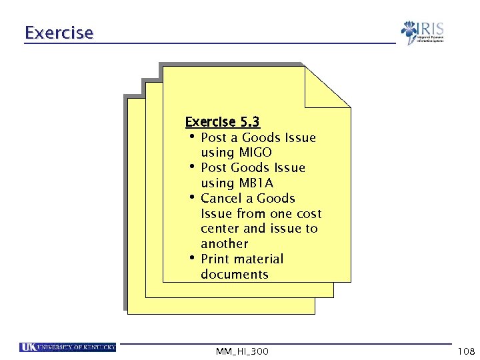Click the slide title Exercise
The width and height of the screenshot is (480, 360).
click(x=59, y=32)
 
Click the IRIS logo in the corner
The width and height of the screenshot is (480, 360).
click(x=422, y=32)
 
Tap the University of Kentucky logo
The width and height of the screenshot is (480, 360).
click(x=68, y=347)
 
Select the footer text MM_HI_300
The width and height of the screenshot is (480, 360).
click(x=243, y=351)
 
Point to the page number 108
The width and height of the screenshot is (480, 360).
click(x=465, y=351)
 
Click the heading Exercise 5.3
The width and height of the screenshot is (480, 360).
click(x=223, y=122)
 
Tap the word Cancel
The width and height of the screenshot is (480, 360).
click(x=220, y=198)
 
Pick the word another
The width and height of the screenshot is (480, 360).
click(x=224, y=244)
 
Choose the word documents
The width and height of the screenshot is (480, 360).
click(x=234, y=274)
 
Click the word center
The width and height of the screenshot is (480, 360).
click(x=221, y=229)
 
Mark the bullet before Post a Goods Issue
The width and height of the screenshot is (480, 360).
click(x=191, y=137)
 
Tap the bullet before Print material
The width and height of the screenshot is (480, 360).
click(x=191, y=258)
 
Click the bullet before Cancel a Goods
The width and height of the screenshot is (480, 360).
click(x=191, y=197)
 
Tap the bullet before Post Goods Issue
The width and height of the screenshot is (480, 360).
click(x=191, y=167)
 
